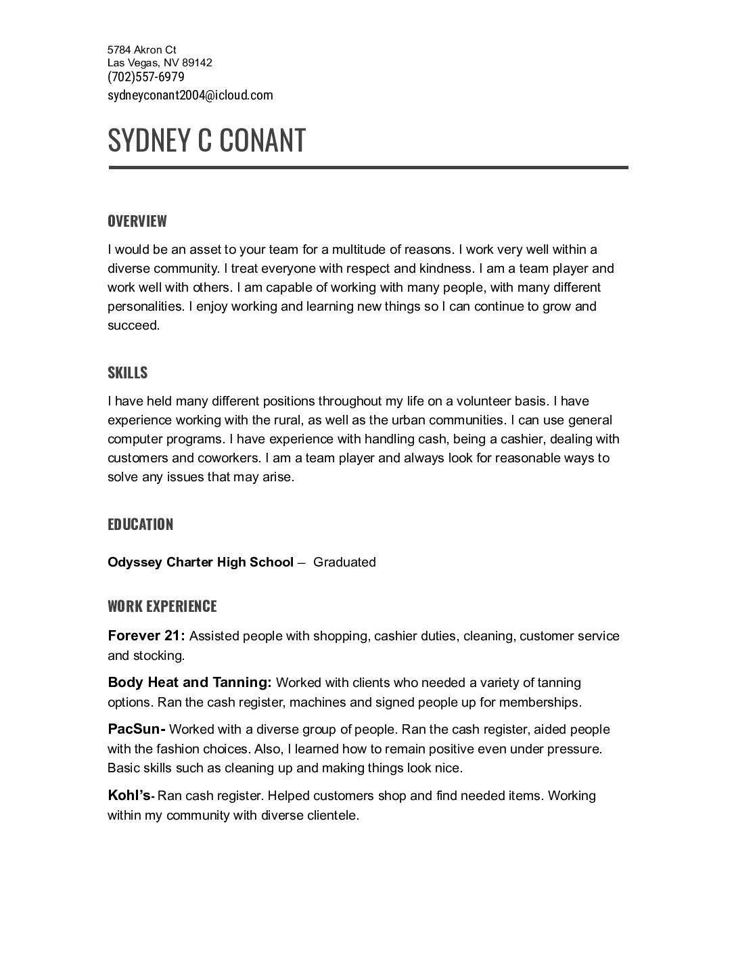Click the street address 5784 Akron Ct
141,49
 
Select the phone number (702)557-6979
145,77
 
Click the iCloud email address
190,95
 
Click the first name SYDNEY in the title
148,140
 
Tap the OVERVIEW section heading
137,221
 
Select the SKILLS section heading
127,373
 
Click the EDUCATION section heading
140,525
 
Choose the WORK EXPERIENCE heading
162,606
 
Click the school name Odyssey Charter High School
200,562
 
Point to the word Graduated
344,562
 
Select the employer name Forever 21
145,636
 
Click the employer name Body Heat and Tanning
189,682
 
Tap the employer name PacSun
135,730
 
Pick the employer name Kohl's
129,795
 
